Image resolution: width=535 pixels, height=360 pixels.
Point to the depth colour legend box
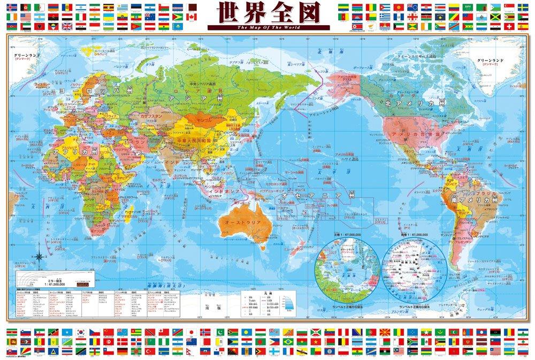coord(287,302)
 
